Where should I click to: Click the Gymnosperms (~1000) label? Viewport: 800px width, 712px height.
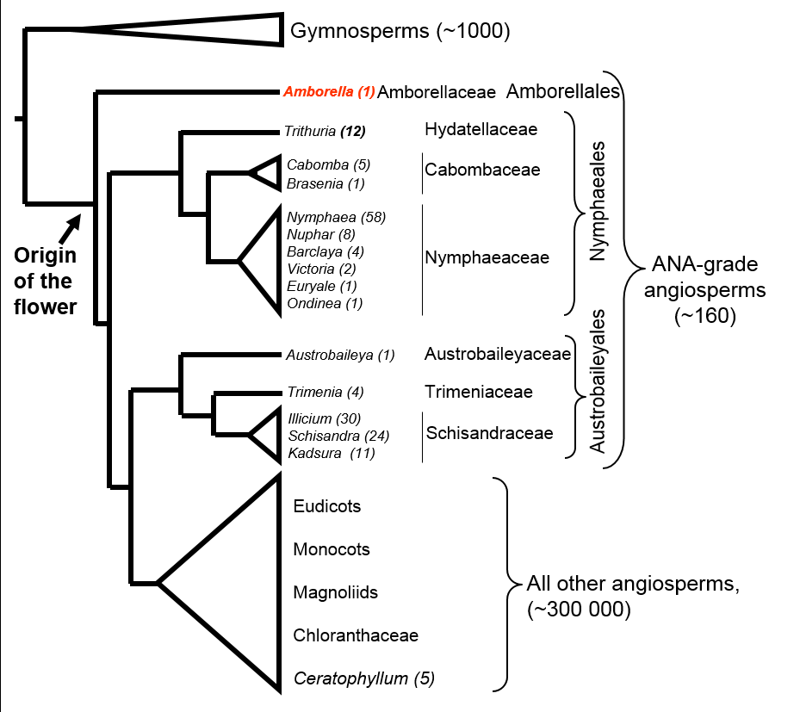tap(400, 32)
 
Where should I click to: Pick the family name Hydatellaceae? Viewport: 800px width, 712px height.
tap(481, 130)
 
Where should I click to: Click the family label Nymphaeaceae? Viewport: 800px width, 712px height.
tap(487, 257)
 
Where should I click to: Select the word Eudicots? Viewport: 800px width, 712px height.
tap(326, 506)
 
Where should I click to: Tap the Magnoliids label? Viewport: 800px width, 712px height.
tap(335, 592)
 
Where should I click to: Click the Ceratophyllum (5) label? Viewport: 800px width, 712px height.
tap(363, 678)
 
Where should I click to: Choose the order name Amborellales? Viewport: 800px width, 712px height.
tap(564, 91)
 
